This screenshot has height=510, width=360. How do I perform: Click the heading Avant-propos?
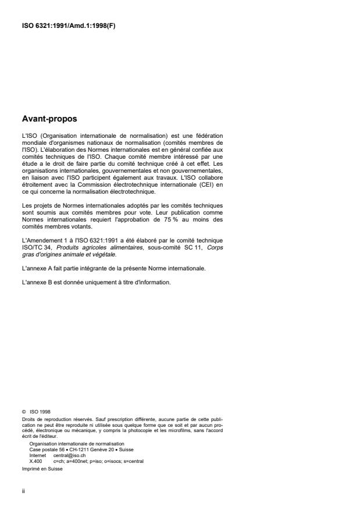tap(47, 120)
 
